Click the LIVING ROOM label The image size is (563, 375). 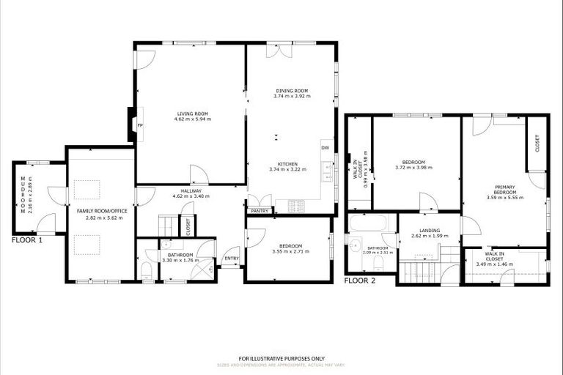(193, 114)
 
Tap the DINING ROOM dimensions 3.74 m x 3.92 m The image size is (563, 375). (291, 97)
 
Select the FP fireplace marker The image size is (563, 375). (139, 125)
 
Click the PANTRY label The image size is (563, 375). (259, 211)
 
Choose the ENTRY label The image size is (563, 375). (231, 258)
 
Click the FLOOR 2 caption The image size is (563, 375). (361, 281)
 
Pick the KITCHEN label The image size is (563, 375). (287, 164)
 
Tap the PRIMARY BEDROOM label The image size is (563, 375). (504, 190)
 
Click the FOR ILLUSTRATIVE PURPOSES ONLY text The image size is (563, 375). (281, 358)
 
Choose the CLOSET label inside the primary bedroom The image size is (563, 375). (537, 143)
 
